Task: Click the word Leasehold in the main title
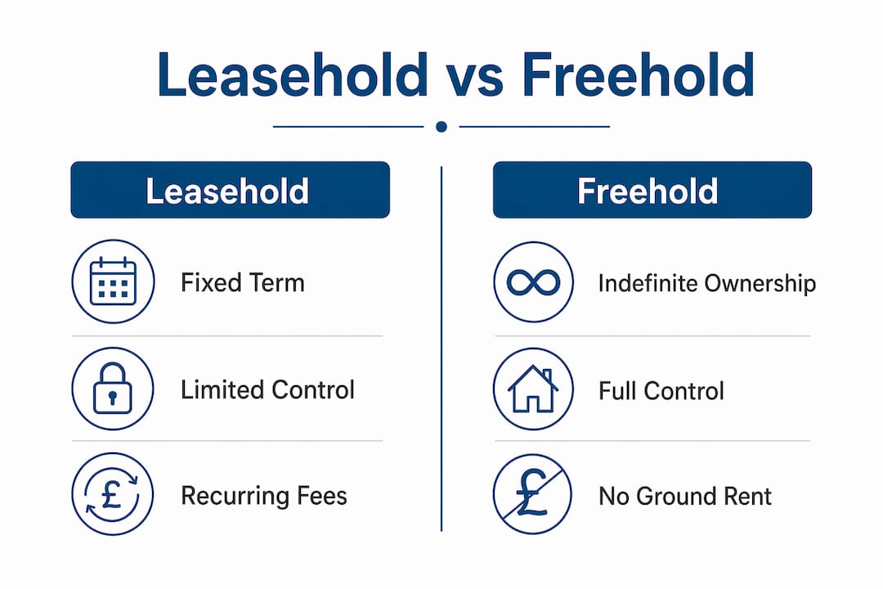click(293, 75)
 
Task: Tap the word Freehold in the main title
click(638, 75)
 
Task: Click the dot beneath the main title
click(441, 127)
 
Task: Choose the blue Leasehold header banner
click(231, 190)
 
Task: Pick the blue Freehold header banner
click(652, 190)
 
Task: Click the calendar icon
click(113, 281)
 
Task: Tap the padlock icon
click(113, 389)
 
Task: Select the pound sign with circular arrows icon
click(113, 494)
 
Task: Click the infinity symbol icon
click(533, 281)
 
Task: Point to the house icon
click(533, 389)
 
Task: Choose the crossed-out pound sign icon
click(532, 494)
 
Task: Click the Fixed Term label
click(243, 282)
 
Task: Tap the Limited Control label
click(267, 389)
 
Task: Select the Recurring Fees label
click(264, 496)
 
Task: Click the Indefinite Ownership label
click(707, 284)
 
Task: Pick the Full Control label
click(661, 390)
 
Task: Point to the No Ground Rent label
click(685, 497)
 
